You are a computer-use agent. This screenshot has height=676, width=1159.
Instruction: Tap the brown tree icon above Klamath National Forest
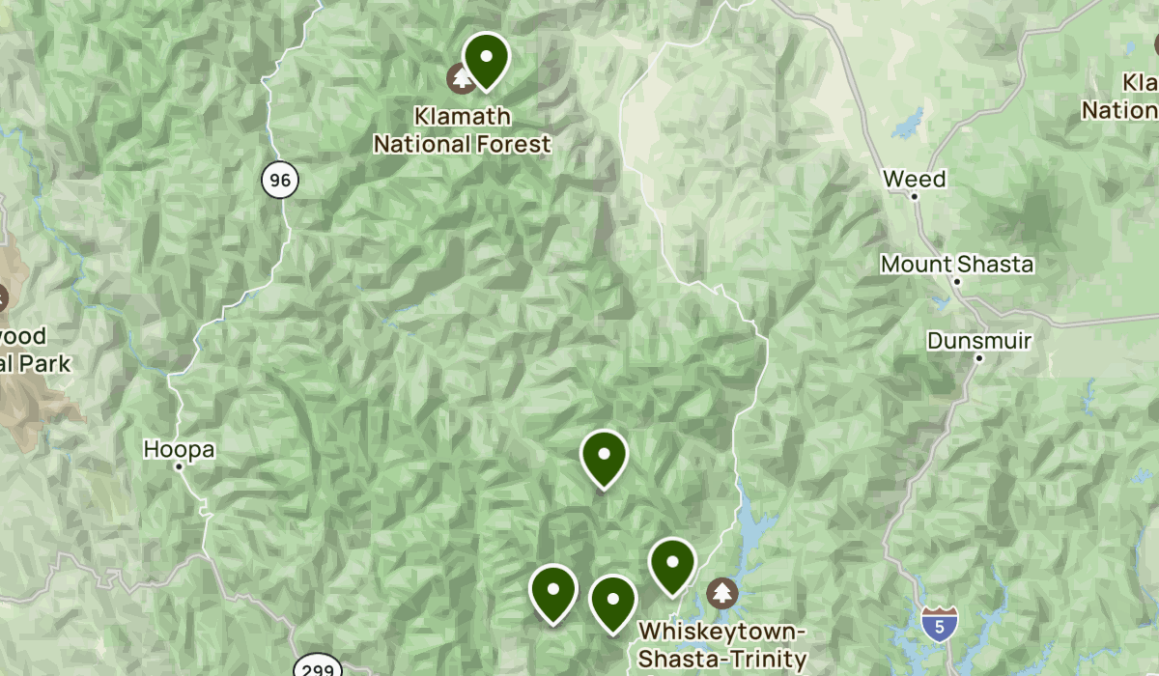click(x=462, y=77)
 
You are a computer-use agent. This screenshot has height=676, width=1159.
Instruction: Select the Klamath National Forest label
click(x=462, y=130)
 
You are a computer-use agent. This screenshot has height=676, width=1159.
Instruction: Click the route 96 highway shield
click(x=279, y=180)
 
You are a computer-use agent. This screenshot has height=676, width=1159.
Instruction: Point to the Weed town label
click(x=914, y=179)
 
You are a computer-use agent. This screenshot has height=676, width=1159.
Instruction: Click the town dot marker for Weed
click(x=915, y=196)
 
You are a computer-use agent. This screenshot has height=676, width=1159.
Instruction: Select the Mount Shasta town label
click(x=956, y=264)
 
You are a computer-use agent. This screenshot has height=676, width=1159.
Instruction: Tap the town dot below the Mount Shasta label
click(x=957, y=281)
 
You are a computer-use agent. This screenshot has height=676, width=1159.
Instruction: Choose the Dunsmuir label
click(x=979, y=341)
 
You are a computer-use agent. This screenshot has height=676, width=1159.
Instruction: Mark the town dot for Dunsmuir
click(x=978, y=358)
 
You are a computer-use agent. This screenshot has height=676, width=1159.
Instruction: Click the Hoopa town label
click(x=179, y=449)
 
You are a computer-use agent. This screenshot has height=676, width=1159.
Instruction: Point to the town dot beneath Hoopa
click(x=179, y=466)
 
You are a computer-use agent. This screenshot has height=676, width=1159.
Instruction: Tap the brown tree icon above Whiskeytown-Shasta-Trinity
click(x=722, y=592)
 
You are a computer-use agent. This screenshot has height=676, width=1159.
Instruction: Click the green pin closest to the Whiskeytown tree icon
click(x=672, y=563)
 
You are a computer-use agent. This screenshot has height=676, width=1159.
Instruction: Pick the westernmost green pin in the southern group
click(x=553, y=590)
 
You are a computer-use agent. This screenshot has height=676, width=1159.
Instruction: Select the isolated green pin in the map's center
click(x=604, y=456)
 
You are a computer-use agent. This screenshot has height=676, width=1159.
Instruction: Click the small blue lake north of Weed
click(x=907, y=125)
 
